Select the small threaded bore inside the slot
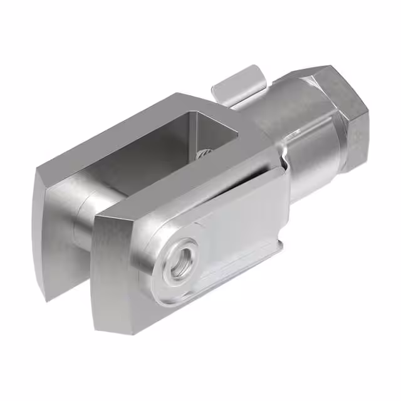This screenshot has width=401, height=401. pos(204,153)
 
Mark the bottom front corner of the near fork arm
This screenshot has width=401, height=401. pos(100,326)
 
